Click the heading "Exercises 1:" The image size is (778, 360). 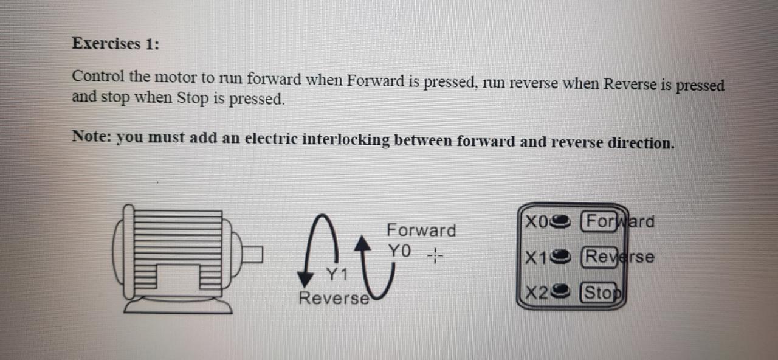click(115, 44)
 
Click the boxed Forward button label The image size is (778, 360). click(618, 221)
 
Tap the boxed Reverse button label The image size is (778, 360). click(618, 257)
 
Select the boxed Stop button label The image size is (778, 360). click(603, 293)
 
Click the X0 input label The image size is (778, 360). click(537, 221)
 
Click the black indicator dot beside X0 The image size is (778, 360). click(562, 221)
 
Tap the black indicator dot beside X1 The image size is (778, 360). click(562, 257)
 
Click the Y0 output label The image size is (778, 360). click(400, 251)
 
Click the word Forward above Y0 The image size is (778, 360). click(421, 230)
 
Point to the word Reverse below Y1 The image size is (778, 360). click(334, 299)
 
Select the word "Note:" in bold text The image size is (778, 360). click(92, 136)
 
